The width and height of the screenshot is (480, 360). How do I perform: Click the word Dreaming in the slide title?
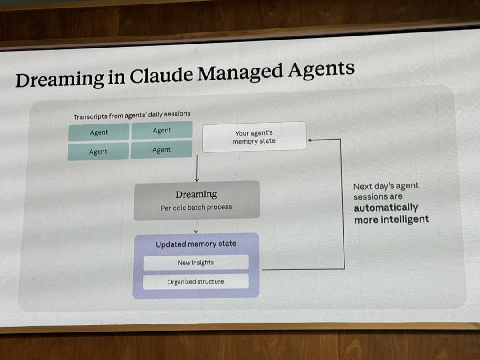pos(60,79)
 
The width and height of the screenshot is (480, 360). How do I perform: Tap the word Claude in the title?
pos(161,75)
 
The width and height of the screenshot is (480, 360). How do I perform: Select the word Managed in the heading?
pos(240,72)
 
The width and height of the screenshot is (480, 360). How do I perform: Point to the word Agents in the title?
pos(321,69)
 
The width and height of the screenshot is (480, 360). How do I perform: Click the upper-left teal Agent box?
pos(99,132)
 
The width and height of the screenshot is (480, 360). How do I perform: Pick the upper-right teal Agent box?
pos(162,130)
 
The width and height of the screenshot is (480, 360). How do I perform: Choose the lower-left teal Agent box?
pos(98,152)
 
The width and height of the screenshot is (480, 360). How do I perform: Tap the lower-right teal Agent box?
pos(161,150)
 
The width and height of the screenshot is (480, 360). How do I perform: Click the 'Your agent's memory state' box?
pos(254,137)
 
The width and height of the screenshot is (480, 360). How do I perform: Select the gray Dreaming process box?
pos(196,200)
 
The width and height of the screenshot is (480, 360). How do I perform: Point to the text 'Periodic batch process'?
pos(196,208)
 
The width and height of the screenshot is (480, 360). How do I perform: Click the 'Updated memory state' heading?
pos(196,244)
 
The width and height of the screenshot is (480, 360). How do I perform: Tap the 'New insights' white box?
pos(196,263)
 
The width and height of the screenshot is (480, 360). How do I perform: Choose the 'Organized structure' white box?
pos(196,282)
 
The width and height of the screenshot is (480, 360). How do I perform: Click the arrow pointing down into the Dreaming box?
pos(197,168)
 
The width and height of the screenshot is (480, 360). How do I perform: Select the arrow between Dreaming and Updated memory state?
pos(196,227)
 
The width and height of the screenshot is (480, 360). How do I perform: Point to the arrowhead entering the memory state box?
pos(310,140)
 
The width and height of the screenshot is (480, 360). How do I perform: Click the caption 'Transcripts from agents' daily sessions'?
pos(132,115)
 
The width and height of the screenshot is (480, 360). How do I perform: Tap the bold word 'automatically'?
pos(386,208)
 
